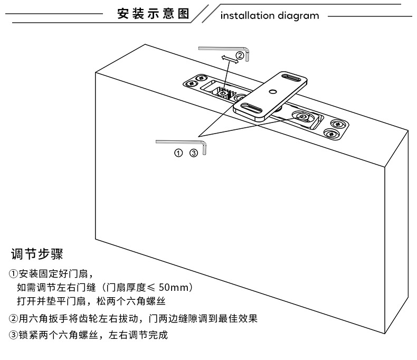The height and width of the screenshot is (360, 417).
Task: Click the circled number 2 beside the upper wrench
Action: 240,55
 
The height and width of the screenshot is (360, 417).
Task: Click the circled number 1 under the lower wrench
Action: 178,153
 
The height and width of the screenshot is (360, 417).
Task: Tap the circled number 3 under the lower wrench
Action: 193,153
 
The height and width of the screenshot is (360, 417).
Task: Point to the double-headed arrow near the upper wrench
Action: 230,59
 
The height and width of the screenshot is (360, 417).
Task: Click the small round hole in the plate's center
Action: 272,92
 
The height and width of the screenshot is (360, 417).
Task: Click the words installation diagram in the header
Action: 269,15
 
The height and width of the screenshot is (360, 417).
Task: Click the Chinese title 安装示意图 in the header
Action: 153,14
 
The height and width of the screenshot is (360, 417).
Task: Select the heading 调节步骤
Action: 37,254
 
